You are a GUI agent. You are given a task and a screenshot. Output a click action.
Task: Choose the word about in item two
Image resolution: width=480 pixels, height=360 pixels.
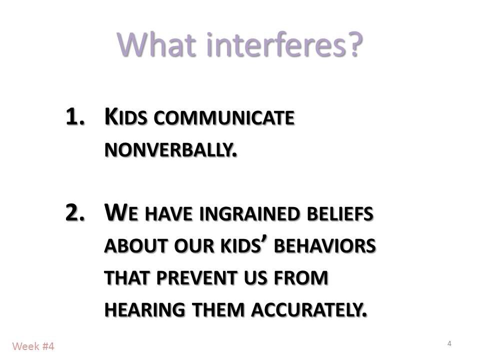[127, 247]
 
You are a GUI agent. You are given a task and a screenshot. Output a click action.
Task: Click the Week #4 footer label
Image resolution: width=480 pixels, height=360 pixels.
[33, 346]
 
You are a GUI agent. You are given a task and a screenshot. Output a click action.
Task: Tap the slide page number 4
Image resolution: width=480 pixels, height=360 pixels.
[449, 343]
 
